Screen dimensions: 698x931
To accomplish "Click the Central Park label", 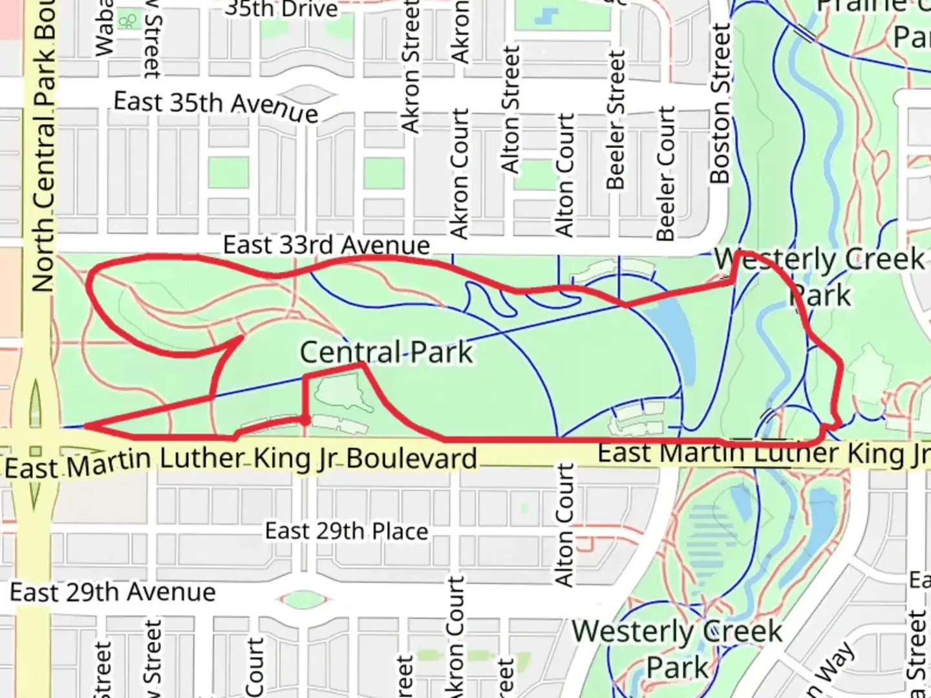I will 387,353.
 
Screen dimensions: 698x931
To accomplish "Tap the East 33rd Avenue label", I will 326,246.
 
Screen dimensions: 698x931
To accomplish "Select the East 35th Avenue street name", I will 216,106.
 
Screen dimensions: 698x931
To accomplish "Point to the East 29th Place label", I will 347,531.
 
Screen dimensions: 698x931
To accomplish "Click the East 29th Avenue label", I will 112,592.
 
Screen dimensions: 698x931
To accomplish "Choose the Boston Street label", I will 720,103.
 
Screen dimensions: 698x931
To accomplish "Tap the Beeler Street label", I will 616,120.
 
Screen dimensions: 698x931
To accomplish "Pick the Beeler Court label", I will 666,173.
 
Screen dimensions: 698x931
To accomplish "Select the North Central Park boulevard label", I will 44,145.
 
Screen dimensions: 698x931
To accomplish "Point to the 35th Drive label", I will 281,9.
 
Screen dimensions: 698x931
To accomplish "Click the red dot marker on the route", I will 305,421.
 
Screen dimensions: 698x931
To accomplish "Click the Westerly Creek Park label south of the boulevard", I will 678,648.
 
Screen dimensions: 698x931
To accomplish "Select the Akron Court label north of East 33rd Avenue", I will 458,173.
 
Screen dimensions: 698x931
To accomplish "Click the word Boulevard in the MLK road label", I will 411,458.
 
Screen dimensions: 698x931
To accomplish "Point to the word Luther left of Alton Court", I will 201,460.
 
